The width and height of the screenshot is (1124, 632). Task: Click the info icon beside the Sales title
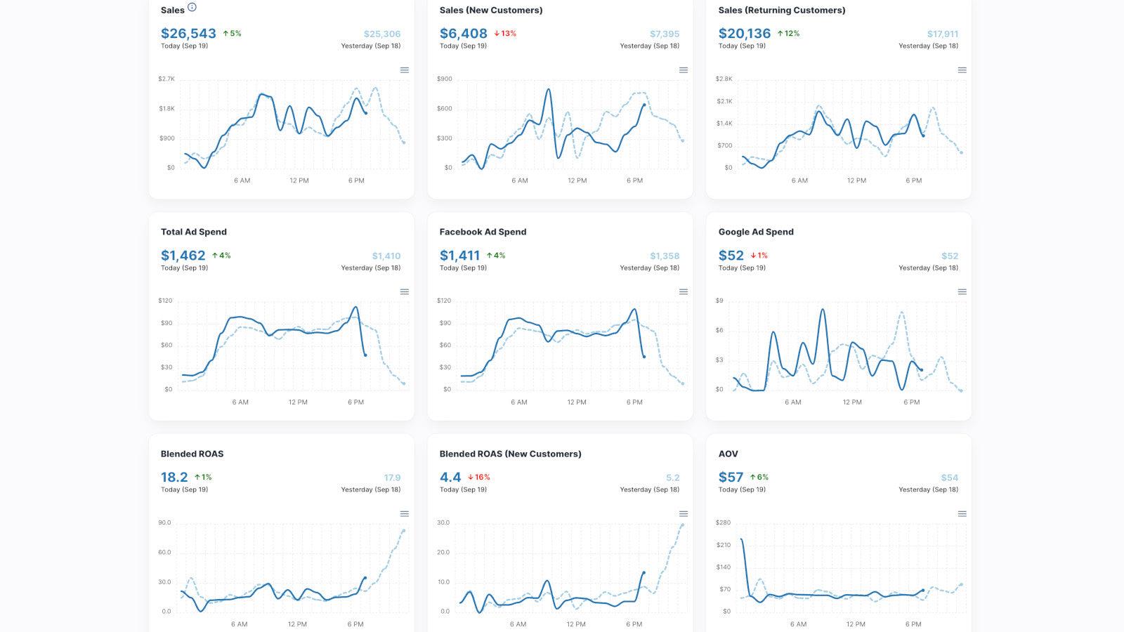[x=192, y=8]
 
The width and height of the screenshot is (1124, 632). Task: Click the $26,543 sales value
[x=188, y=33]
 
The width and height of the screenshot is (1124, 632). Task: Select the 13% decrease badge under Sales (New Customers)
[x=505, y=34]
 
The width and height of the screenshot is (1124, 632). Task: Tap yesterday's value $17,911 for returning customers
[x=942, y=34]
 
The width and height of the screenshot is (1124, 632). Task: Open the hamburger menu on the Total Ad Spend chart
[x=405, y=292]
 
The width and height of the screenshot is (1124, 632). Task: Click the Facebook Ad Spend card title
[x=483, y=232]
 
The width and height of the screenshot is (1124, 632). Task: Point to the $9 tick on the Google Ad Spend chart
[x=719, y=301]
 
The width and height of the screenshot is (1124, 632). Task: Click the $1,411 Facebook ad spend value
[x=459, y=256]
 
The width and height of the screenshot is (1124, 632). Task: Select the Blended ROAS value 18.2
[x=174, y=478]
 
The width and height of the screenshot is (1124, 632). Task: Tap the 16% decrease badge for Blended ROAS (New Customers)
[x=479, y=478]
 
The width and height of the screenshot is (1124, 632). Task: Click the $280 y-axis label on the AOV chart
[x=723, y=522]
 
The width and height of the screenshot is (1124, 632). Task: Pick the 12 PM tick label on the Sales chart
[x=299, y=180]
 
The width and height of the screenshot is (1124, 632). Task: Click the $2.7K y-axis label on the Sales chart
[x=166, y=79]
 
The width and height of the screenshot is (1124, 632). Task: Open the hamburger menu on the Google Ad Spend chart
[x=962, y=292]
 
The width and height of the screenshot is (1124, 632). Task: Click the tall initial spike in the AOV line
[x=742, y=541]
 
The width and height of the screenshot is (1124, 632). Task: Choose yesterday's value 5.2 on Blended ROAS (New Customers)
[x=672, y=478]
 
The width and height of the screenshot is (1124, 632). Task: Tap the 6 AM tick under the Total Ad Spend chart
[x=240, y=402]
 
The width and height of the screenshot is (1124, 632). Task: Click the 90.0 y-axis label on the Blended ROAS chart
[x=164, y=522]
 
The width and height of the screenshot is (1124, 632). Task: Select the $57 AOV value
[x=731, y=478]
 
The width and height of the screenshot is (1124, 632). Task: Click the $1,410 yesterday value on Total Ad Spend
[x=386, y=256]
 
